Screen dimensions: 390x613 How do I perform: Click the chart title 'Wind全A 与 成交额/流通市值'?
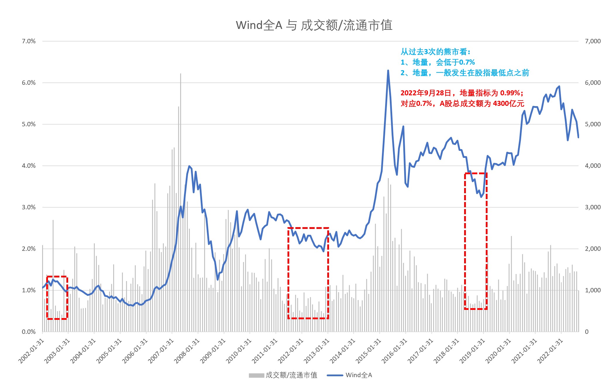coord(314,25)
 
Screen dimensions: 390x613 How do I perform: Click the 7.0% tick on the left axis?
coord(29,41)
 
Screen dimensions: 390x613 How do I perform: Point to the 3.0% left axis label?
coord(29,207)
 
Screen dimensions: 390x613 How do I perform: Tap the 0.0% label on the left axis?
coord(29,332)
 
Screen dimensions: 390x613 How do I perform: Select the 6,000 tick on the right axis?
coord(593,83)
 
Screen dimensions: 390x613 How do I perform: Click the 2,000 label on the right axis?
coord(593,249)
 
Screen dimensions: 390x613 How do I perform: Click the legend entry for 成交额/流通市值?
coord(283,375)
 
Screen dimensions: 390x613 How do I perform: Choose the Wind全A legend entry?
coord(349,375)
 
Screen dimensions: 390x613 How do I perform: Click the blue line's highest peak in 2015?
coord(388,70)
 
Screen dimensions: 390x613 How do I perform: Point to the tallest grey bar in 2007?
coord(180,74)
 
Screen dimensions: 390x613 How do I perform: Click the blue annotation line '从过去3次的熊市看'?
coord(435,52)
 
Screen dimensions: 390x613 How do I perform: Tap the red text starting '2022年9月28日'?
coord(462,93)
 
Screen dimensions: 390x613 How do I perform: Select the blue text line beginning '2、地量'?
coord(464,73)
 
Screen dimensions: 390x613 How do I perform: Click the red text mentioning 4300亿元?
coord(462,103)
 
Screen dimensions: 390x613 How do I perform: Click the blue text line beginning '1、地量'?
coord(438,62)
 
